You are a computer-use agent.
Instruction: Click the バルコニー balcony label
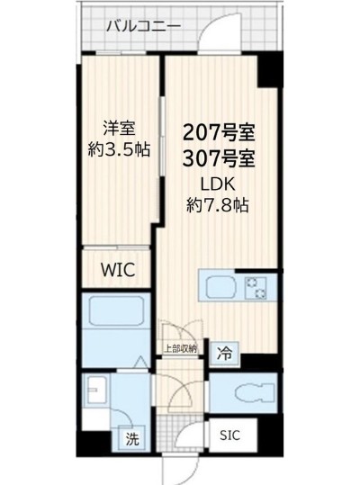[143, 26]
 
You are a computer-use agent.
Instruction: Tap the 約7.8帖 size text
[219, 204]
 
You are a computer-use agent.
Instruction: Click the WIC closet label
[117, 268]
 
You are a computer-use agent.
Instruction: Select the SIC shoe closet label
[230, 434]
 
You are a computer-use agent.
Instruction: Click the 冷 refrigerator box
[223, 354]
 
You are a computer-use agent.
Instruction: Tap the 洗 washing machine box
[131, 440]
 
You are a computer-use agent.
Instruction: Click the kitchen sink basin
[222, 290]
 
